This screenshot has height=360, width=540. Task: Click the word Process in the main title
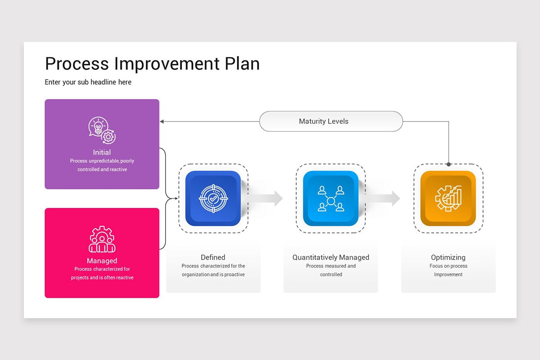click(77, 64)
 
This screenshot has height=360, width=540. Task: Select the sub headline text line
click(88, 82)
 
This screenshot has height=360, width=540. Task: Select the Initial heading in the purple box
click(102, 152)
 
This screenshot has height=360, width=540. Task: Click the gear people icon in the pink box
click(102, 239)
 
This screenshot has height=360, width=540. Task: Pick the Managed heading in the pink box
click(102, 261)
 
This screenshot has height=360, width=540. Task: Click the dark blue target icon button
click(213, 198)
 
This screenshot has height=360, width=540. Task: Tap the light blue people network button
click(331, 198)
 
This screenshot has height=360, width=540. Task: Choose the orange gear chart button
click(448, 198)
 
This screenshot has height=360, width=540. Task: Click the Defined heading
click(213, 257)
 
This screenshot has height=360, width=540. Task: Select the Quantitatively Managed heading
click(331, 257)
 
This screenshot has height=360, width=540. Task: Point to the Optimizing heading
click(448, 257)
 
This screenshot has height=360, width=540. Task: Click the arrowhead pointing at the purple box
click(162, 121)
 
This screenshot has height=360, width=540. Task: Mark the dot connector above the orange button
click(449, 164)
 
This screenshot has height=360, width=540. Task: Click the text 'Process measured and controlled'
click(331, 270)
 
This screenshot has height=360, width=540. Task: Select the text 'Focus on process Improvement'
click(448, 270)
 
